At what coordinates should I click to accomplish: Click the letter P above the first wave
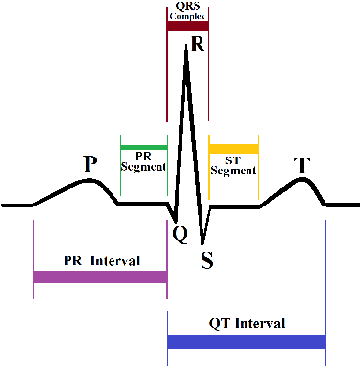pyautogui.click(x=90, y=162)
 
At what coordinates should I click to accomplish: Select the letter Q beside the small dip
pyautogui.click(x=180, y=233)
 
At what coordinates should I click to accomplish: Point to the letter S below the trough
pyautogui.click(x=206, y=259)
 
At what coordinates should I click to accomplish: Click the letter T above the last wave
pyautogui.click(x=303, y=164)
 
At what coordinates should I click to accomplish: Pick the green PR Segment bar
pyautogui.click(x=144, y=147)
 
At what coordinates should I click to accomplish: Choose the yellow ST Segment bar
pyautogui.click(x=234, y=147)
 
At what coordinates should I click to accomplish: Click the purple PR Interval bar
pyautogui.click(x=100, y=277)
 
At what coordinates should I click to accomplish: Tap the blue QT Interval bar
pyautogui.click(x=246, y=342)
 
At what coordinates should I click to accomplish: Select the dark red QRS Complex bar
pyautogui.click(x=188, y=25)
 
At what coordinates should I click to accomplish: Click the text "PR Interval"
pyautogui.click(x=101, y=261)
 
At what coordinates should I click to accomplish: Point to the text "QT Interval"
pyautogui.click(x=247, y=323)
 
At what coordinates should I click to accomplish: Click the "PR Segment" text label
pyautogui.click(x=144, y=161)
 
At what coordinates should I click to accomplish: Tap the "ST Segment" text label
pyautogui.click(x=234, y=164)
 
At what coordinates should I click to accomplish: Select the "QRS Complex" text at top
pyautogui.click(x=188, y=10)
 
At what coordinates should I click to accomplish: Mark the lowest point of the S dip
pyautogui.click(x=202, y=243)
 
